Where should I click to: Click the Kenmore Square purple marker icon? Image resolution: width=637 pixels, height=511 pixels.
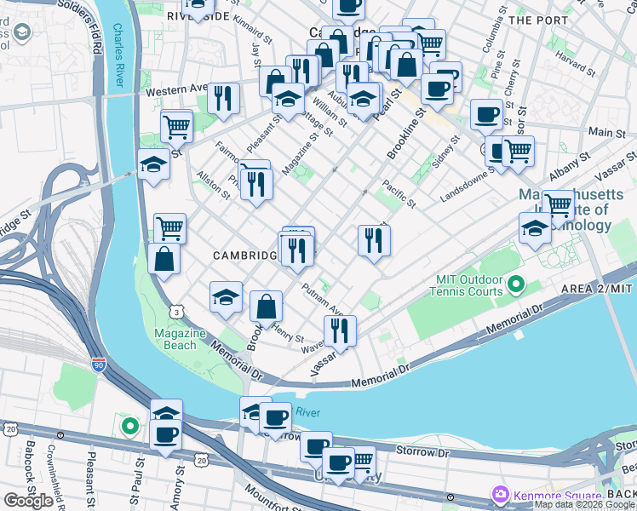500,494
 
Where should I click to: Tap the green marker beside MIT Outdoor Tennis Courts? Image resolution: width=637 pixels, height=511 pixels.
515,282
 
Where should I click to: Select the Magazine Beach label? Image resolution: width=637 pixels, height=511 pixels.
176,338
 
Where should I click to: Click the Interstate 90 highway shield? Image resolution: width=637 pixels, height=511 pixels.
99,365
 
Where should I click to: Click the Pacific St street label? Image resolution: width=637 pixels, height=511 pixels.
399,192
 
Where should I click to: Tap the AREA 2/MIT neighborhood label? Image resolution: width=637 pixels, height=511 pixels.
596,290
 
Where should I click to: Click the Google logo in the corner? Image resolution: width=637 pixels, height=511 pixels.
29,500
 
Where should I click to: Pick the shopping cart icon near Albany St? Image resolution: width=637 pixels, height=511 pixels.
558,204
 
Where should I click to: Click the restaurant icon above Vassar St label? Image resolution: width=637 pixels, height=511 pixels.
340,330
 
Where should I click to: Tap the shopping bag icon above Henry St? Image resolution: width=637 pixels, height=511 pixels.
267,307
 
